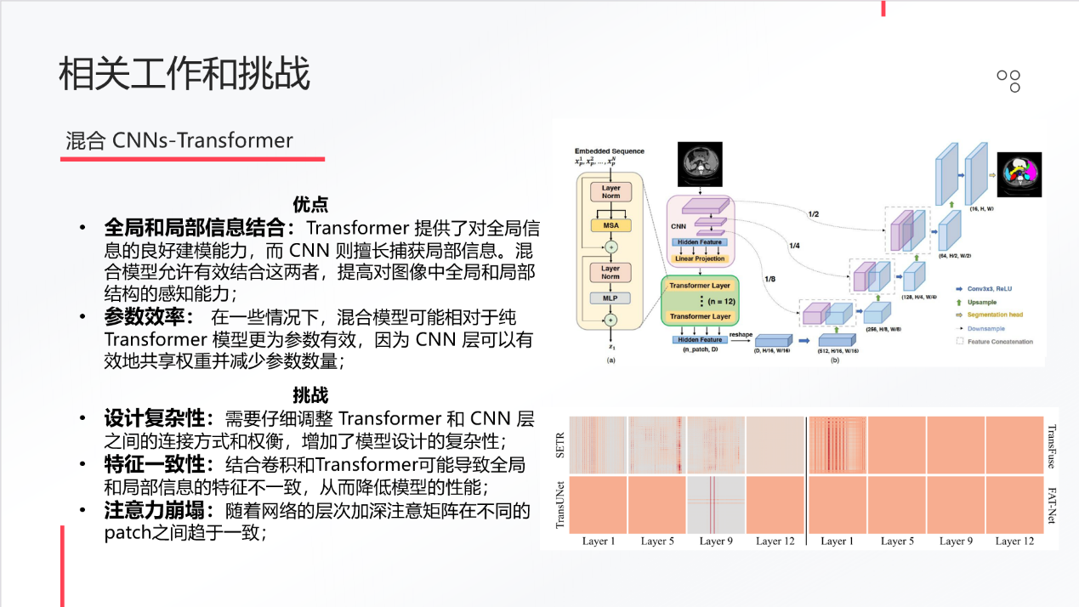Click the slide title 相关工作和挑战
click(185, 74)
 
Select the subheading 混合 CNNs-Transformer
click(179, 140)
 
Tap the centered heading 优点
click(310, 205)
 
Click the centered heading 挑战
click(310, 395)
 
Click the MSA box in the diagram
click(610, 225)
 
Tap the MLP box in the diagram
click(610, 298)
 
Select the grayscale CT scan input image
click(700, 164)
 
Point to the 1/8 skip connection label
click(770, 279)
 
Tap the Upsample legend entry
click(982, 302)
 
